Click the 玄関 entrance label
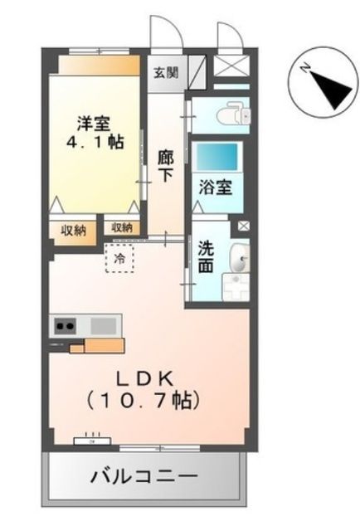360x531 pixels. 165,71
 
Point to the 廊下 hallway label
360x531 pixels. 165,164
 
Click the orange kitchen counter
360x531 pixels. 98,344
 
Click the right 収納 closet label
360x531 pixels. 122,227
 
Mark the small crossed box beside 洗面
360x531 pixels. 242,225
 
